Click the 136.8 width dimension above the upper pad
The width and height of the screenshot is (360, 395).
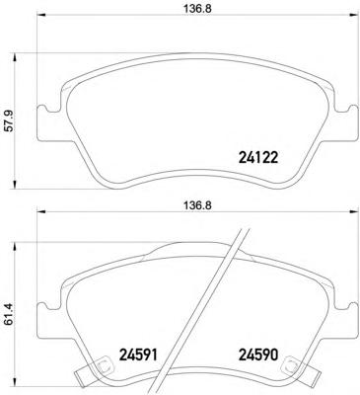(197, 9)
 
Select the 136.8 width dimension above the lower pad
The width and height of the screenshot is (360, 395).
(197, 205)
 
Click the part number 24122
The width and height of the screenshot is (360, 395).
(257, 158)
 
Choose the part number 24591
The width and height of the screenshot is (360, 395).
(138, 355)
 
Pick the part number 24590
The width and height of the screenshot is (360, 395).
(258, 355)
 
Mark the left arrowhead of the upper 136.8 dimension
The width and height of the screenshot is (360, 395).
(40, 15)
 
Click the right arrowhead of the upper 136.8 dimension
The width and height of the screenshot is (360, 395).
(353, 15)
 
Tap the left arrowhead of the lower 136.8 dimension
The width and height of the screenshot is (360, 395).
(40, 211)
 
